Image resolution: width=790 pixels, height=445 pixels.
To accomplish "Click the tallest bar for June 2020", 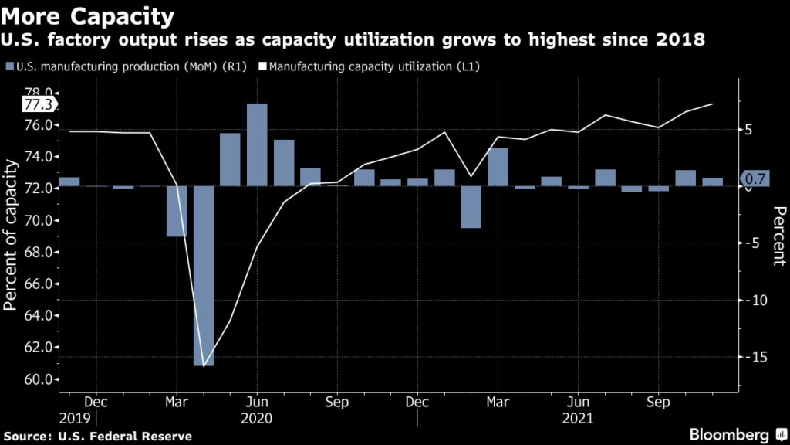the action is pos(257,144).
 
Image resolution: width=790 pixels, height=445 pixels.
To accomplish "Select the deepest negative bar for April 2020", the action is pos(204,276).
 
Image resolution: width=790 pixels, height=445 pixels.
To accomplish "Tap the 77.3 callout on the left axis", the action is pos(39,104).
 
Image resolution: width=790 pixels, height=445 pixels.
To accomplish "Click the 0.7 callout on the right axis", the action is pos(755,178).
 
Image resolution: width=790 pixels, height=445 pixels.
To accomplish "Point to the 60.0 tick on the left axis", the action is pos(39,379).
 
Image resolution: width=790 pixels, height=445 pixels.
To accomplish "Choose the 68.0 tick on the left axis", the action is pos(39,252).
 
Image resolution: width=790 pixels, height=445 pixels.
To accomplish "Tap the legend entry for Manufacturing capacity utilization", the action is pos(370,66).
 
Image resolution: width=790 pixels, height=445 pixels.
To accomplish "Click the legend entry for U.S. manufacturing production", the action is pos(127,66).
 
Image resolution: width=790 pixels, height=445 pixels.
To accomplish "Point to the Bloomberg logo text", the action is pos(729,434).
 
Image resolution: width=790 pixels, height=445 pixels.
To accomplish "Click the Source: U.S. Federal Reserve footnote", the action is pos(98,437).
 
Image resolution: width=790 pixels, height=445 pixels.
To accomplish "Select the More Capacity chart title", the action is pos(88,16).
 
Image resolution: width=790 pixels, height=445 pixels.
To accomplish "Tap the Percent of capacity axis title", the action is pos(10,235).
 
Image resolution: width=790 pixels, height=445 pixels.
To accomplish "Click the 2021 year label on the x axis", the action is pos(578,418).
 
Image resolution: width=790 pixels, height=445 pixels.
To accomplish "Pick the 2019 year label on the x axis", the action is pos(75,418).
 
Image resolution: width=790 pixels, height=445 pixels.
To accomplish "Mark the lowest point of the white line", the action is pos(204,365).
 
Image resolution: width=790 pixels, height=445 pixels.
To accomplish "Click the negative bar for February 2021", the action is pos(471,207).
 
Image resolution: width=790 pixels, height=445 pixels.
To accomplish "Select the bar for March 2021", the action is pos(498,167).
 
